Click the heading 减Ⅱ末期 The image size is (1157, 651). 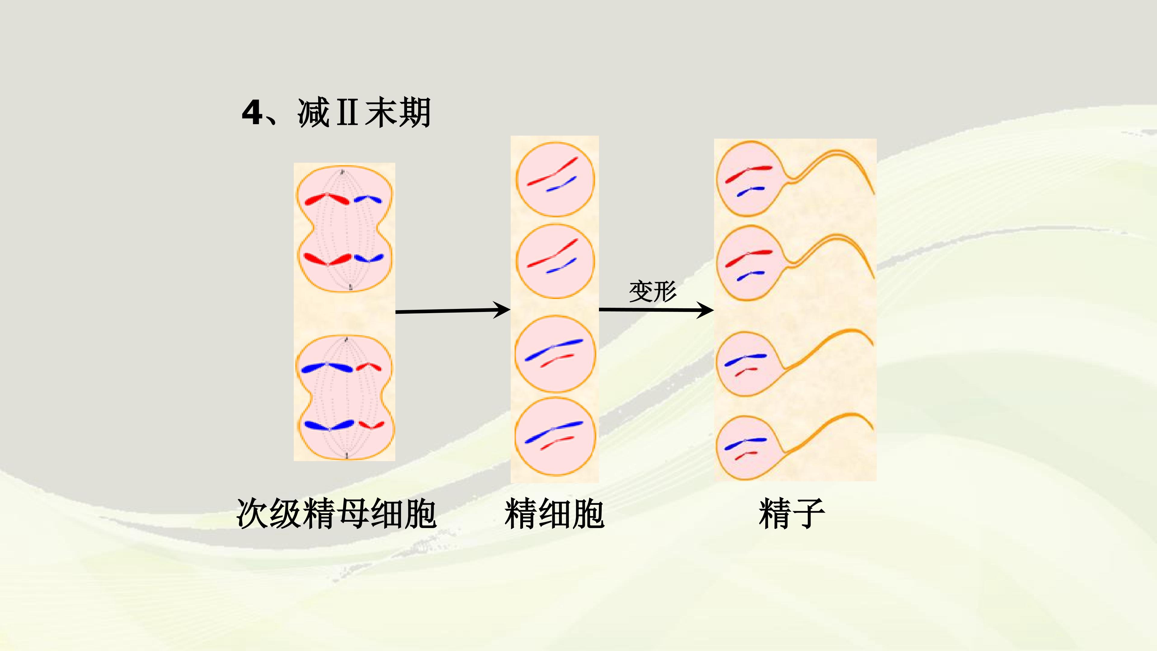[x=364, y=112]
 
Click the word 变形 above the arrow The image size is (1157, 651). [x=653, y=291]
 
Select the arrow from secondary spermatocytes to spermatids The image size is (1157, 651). [x=453, y=310]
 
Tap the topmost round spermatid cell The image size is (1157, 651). [x=555, y=180]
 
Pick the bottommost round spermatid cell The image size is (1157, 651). [x=555, y=437]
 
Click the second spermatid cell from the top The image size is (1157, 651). [x=555, y=261]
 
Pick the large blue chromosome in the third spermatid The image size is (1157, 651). [x=554, y=350]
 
